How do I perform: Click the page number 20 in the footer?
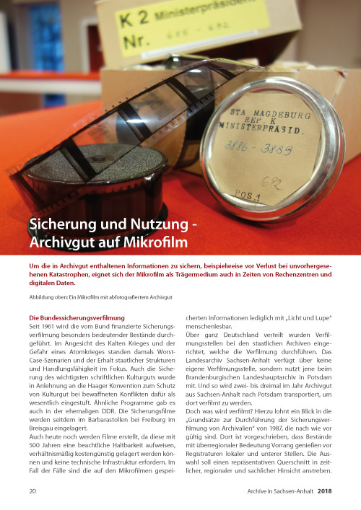(33, 492)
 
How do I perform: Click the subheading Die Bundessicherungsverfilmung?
(76, 317)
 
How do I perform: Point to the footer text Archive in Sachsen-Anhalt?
(269, 492)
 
